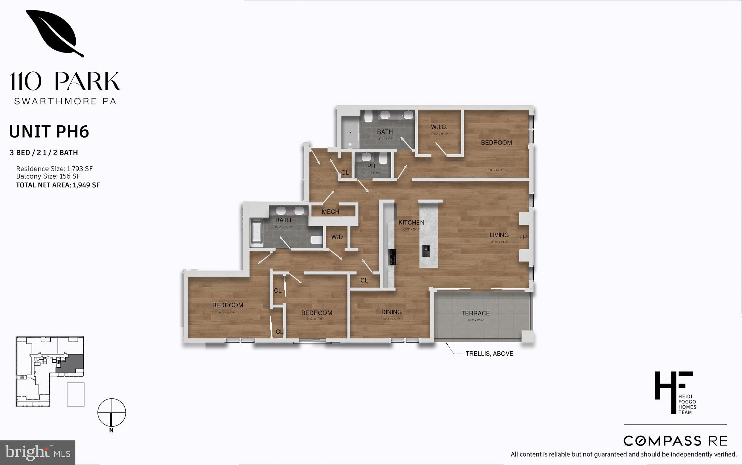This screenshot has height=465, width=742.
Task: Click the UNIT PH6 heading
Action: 49,132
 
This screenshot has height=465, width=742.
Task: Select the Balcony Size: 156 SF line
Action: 48,176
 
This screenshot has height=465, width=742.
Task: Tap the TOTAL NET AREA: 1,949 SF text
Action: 58,185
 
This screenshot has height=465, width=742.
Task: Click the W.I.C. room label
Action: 439,127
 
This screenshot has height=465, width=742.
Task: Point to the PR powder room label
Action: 371,166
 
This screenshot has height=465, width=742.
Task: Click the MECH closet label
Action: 330,212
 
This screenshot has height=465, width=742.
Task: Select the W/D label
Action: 337,237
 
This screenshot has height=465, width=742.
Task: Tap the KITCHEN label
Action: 411,222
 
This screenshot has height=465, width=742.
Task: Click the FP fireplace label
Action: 523,237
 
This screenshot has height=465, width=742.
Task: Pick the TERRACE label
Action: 475,313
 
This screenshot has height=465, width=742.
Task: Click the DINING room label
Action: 391,312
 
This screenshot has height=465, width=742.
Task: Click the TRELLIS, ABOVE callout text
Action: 489,354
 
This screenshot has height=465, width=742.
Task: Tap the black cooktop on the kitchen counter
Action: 392,257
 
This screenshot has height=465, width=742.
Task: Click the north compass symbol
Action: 112,413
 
